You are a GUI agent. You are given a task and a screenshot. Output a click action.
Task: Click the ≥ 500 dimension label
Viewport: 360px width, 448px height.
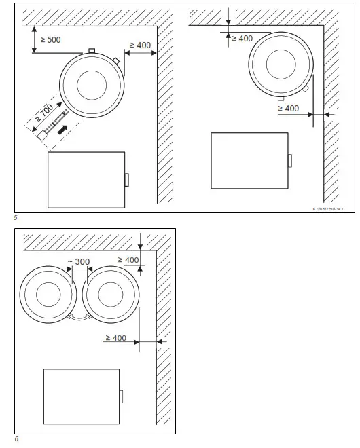tap(51, 39)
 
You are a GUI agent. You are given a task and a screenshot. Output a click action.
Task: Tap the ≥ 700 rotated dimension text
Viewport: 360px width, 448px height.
tap(46, 111)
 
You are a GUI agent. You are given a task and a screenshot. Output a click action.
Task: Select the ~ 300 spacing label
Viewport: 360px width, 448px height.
tap(78, 262)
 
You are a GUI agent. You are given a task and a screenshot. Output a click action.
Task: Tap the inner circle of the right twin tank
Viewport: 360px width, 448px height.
tap(111, 296)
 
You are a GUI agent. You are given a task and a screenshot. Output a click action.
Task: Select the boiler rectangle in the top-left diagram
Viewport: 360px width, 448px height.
tap(86, 179)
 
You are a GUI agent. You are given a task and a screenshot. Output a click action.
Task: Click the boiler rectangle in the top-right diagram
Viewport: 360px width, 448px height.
tap(249, 160)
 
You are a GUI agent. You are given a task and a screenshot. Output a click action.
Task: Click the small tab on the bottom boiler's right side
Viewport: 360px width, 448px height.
tap(121, 396)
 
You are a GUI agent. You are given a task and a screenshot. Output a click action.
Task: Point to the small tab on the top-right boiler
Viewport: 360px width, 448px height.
tap(290, 160)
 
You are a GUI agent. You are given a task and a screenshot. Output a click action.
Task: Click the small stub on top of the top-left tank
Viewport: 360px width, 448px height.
tap(90, 51)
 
